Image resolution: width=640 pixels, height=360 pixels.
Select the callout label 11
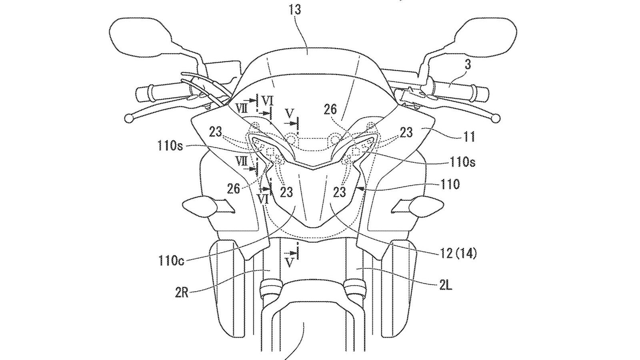469,137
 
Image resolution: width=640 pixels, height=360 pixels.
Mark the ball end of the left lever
129,118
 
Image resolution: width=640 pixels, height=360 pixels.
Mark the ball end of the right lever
496,118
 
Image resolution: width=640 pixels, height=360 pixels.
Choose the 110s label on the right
460,162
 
